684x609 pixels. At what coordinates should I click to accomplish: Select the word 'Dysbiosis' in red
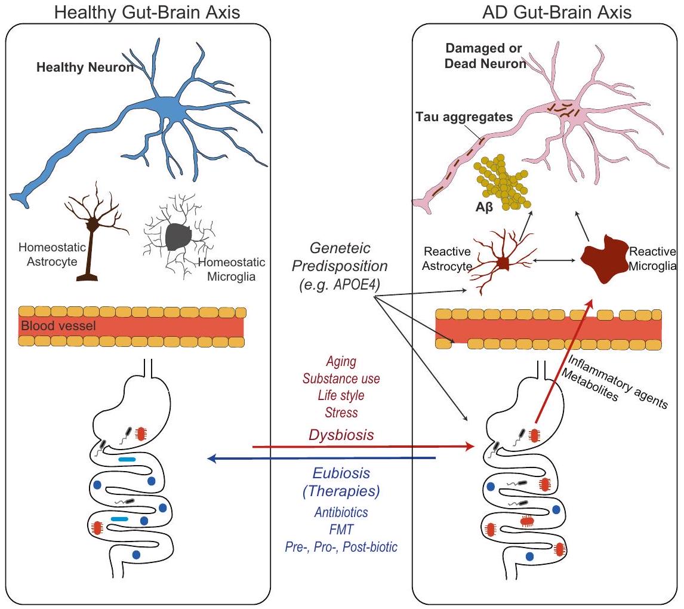click(341, 435)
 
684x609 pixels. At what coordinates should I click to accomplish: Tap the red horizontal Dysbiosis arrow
click(358, 446)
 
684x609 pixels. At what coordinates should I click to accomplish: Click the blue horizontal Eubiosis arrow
click(322, 459)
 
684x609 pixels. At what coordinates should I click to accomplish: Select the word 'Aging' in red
click(341, 362)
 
